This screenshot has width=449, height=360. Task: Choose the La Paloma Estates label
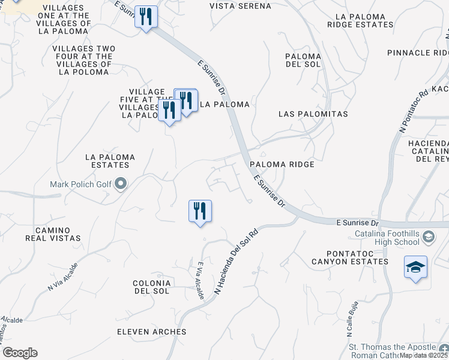point(110,161)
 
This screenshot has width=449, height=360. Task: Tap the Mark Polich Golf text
point(82,184)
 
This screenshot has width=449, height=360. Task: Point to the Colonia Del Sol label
point(152,287)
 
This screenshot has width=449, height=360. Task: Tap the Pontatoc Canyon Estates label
point(350,257)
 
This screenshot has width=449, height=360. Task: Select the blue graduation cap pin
point(415,268)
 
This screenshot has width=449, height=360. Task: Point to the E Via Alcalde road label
point(200,280)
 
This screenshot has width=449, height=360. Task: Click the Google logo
point(20,353)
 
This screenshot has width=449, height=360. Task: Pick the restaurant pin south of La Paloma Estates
point(200,211)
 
